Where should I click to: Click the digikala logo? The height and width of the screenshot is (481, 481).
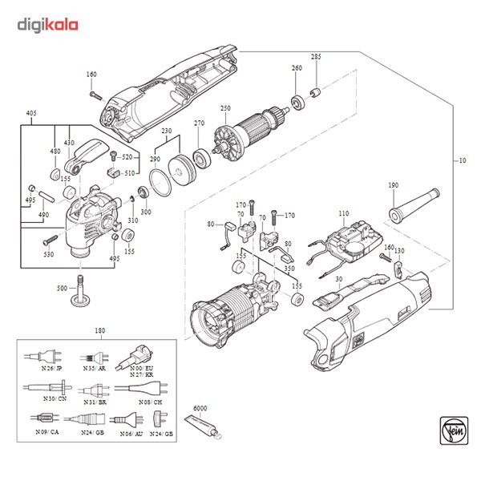(47, 25)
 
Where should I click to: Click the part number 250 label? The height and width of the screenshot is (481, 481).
(225, 108)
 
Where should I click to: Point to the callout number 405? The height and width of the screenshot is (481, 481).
(31, 113)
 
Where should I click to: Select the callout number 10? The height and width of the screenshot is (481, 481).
(462, 160)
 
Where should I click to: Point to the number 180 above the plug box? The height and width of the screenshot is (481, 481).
(99, 331)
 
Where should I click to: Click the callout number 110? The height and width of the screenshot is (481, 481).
(344, 213)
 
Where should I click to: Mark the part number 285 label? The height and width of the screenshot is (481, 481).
(316, 57)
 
